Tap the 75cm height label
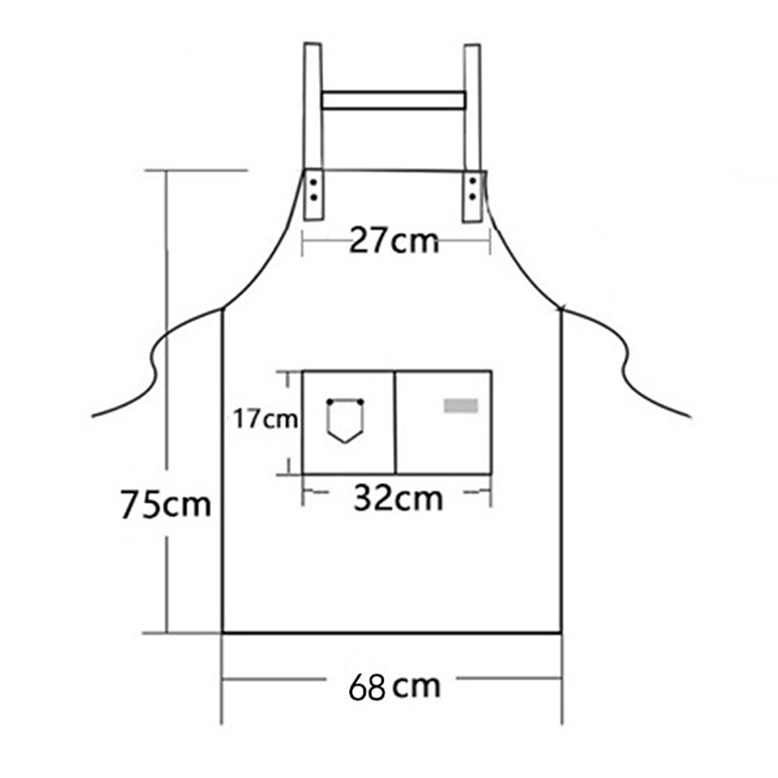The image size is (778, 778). (165, 505)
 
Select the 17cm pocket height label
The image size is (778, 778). (265, 419)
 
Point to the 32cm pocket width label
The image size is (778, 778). (397, 498)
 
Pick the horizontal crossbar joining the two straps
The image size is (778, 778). (393, 100)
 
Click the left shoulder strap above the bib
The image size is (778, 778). (312, 107)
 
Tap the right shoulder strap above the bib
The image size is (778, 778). (473, 107)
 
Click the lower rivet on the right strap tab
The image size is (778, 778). (473, 197)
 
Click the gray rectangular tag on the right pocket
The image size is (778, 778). (461, 406)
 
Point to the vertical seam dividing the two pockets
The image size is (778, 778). (395, 422)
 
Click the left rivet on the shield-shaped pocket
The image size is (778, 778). (330, 402)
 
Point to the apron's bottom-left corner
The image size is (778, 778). (223, 633)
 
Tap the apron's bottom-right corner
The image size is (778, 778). (561, 633)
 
